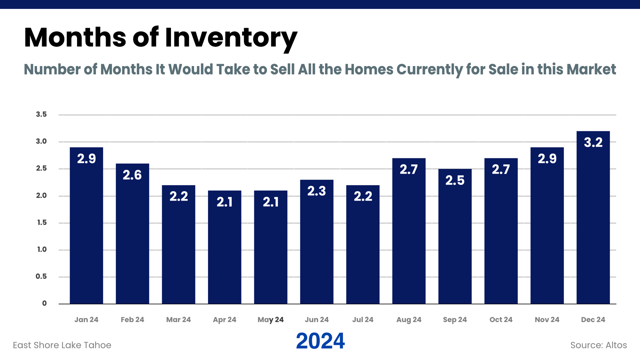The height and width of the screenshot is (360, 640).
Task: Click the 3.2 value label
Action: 593,143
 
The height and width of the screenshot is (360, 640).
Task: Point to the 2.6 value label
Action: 132,175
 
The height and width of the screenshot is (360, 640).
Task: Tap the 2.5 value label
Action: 455,180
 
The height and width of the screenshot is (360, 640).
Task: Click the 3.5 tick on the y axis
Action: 41,114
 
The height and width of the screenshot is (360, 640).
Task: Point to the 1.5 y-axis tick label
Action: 42,222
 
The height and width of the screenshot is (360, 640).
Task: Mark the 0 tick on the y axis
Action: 44,303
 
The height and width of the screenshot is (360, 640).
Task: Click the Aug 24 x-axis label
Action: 409,320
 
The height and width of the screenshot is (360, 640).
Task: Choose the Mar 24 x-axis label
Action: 178,320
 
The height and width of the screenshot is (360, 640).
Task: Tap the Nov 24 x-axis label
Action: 547,320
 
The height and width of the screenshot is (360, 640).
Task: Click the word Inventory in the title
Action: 231,37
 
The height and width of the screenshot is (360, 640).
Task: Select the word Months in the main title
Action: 75,37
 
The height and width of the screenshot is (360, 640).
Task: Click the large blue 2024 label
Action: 320,341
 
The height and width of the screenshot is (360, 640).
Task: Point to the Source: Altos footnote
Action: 598,345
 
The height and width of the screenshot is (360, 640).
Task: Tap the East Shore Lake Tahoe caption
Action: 62,345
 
